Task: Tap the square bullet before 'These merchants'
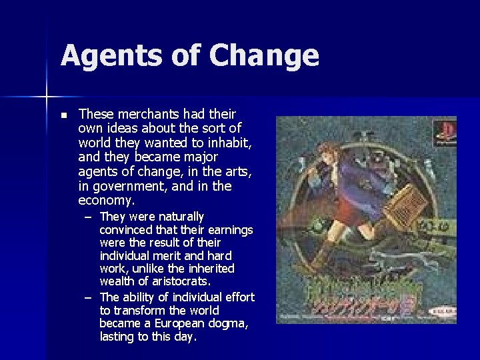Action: tap(63, 115)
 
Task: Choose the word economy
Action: tap(105, 201)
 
